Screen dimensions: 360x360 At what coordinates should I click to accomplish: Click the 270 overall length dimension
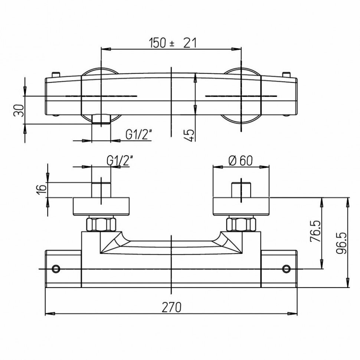pos(171,308)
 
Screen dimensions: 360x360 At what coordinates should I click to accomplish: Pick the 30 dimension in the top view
pos(19,110)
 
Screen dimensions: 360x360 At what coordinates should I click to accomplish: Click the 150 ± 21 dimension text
pos(172,43)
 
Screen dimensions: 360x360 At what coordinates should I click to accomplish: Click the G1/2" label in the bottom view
pos(120,160)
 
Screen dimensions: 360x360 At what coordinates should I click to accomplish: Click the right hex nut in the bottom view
pos(242,224)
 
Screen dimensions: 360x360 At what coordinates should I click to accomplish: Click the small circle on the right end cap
pos(286,268)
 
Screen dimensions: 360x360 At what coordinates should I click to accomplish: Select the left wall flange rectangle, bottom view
pos(101,206)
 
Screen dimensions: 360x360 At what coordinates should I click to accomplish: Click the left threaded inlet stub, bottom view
pos(101,190)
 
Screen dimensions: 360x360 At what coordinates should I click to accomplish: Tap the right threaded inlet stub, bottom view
pos(241,190)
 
